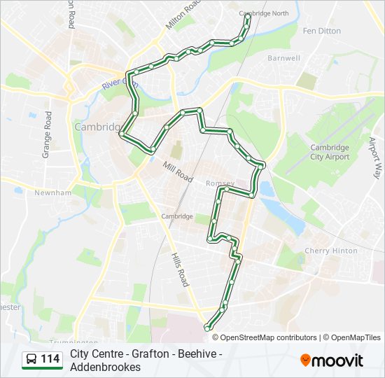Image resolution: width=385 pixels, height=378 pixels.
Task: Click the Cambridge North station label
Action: coord(264,13)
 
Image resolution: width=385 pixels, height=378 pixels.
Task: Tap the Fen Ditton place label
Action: coord(321,31)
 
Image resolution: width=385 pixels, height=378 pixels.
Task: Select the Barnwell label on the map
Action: coord(283,58)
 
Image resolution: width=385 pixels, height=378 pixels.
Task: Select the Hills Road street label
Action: coord(180,269)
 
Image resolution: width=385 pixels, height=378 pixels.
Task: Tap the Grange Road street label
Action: coord(47,134)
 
